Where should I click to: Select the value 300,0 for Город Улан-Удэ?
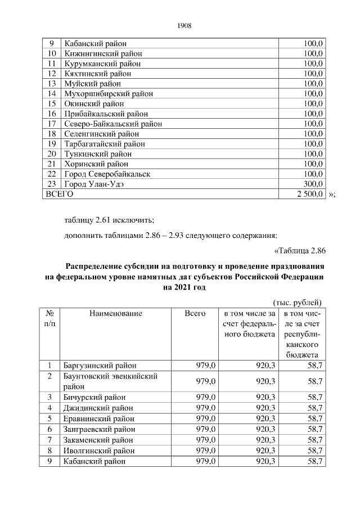(313, 184)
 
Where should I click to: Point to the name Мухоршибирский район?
(109, 93)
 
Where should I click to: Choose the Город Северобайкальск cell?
(107, 174)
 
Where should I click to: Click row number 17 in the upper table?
(51, 124)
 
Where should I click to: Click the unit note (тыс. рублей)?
(297, 303)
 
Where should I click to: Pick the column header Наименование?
(115, 313)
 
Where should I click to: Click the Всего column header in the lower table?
(195, 313)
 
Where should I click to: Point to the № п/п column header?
(49, 318)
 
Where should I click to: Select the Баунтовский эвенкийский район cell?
(110, 381)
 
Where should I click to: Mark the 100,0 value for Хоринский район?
(313, 164)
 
